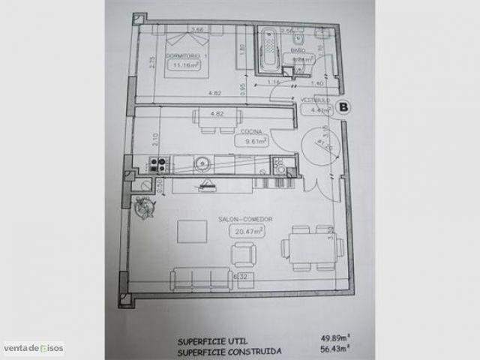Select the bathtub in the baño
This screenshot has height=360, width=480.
tap(267, 49)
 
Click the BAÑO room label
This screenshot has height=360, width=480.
tap(297, 50)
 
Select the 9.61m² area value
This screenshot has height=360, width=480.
tap(251, 140)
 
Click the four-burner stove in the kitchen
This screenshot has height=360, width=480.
tap(157, 163)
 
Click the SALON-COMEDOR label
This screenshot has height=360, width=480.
tap(244, 220)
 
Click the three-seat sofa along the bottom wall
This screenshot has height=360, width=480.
tap(201, 279)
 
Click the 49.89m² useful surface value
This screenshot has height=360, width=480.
tap(326, 337)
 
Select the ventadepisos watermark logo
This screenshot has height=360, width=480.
tap(33, 348)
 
